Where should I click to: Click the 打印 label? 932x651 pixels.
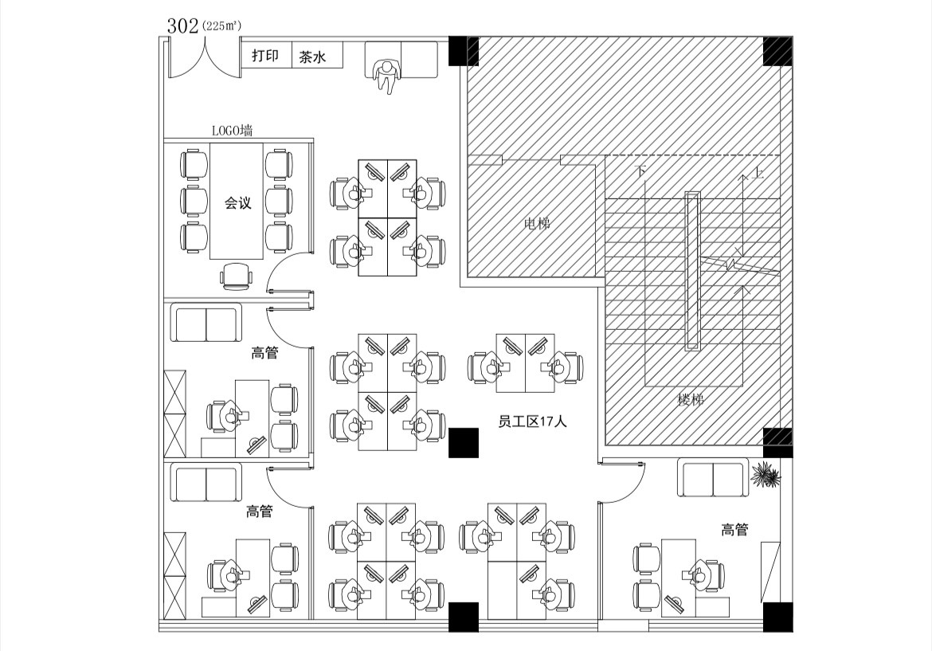pyautogui.click(x=264, y=56)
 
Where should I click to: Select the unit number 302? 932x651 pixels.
pyautogui.click(x=182, y=25)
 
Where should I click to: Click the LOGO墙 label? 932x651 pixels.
pyautogui.click(x=232, y=130)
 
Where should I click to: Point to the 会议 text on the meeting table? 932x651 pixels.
pyautogui.click(x=237, y=203)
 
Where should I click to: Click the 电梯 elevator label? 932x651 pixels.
pyautogui.click(x=537, y=224)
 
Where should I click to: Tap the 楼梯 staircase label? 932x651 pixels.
pyautogui.click(x=691, y=399)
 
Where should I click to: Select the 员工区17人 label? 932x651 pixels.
pyautogui.click(x=532, y=422)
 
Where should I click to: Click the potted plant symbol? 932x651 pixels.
pyautogui.click(x=766, y=475)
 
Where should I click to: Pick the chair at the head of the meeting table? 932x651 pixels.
pyautogui.click(x=236, y=276)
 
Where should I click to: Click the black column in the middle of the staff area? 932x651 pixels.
pyautogui.click(x=463, y=442)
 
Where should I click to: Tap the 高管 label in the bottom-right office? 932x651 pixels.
pyautogui.click(x=734, y=529)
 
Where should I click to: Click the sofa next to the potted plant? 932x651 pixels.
pyautogui.click(x=712, y=477)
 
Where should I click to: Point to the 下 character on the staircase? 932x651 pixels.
pyautogui.click(x=641, y=171)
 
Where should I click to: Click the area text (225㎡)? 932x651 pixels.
pyautogui.click(x=221, y=27)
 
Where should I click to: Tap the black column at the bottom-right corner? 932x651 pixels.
pyautogui.click(x=778, y=617)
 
